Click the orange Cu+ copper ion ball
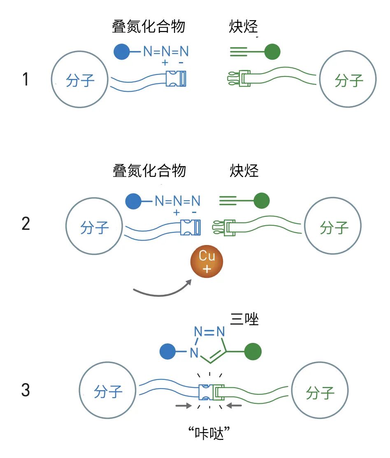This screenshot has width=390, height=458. [207, 262]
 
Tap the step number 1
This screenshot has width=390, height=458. [26, 79]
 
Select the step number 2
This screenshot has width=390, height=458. [26, 224]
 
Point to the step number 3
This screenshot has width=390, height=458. [26, 390]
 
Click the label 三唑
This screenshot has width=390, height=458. [245, 319]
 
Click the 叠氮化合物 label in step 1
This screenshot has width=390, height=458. [149, 27]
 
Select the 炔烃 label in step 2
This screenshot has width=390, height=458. [244, 171]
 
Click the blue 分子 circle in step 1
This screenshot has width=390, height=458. [79, 79]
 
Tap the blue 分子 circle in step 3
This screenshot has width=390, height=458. [108, 391]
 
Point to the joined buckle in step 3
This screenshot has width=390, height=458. [211, 392]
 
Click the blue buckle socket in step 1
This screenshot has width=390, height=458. [176, 79]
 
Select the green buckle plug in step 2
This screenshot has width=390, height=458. [224, 226]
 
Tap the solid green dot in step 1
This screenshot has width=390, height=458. [272, 52]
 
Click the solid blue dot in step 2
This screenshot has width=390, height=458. [133, 201]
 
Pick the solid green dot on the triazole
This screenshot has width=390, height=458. [253, 352]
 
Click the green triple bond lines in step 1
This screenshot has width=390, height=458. [239, 52]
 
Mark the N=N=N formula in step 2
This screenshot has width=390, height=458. [177, 201]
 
